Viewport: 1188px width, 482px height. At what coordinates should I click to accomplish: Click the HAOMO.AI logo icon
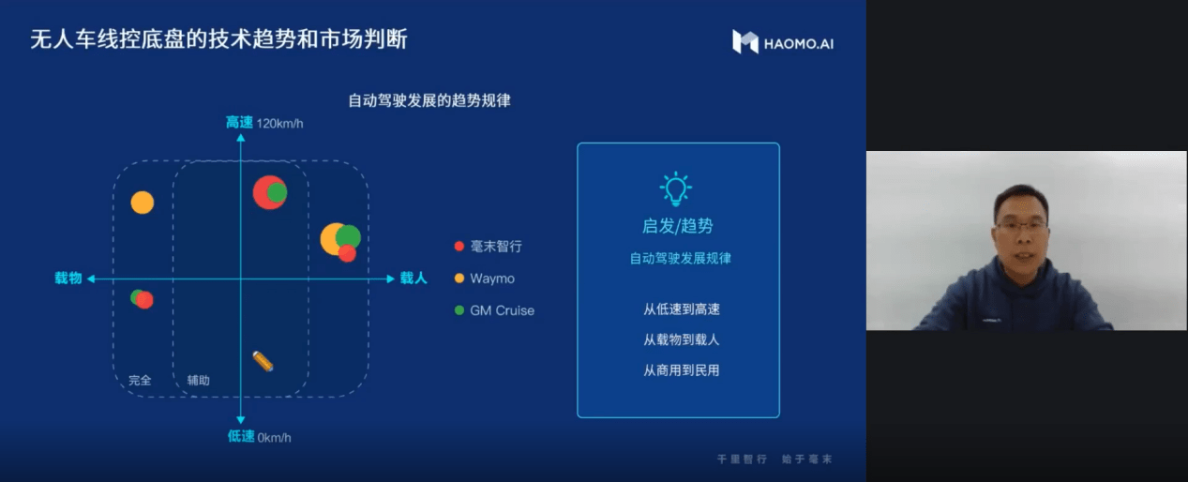coord(745,42)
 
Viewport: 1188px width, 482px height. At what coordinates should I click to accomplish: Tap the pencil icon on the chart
coord(263,361)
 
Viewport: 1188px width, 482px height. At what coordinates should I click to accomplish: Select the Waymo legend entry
coord(491,279)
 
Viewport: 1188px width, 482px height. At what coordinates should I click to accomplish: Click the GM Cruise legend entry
coord(502,310)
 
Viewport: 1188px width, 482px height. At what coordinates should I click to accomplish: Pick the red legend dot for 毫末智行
coord(459,247)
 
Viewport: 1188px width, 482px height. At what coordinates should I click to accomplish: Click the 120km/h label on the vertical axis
coord(280,123)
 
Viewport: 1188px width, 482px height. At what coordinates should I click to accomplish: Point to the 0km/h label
coord(274,436)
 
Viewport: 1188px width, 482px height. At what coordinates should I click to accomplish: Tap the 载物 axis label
coord(68,279)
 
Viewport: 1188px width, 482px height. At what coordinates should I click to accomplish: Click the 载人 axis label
coord(414,279)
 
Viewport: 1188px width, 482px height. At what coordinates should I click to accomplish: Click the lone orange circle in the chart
coord(143,202)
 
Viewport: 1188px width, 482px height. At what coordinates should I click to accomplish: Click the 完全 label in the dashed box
coord(140,381)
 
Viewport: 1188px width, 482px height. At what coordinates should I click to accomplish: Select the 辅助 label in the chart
coord(198,381)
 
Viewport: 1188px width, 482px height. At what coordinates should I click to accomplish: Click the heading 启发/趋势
coord(677,226)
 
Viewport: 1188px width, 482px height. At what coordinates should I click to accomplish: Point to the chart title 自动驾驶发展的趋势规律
coord(429,100)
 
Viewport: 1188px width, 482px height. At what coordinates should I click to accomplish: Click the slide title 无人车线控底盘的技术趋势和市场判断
coord(218,39)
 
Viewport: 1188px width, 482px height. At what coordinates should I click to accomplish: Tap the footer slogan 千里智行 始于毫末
coord(774,459)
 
